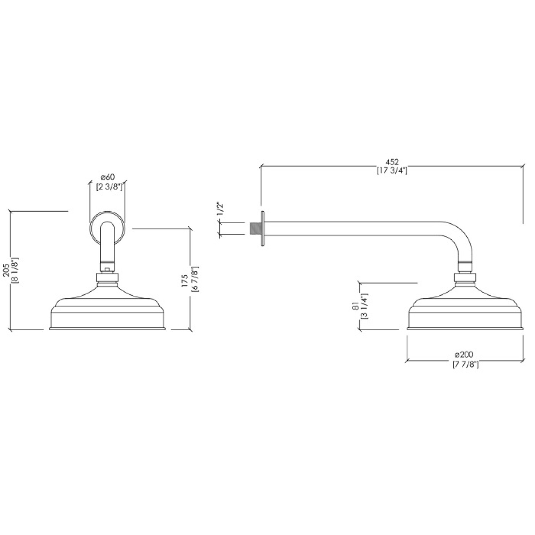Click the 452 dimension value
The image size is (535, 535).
(392, 162)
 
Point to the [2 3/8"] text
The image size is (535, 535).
(108, 187)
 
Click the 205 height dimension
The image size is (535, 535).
(6, 270)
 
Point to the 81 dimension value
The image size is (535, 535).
(355, 306)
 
